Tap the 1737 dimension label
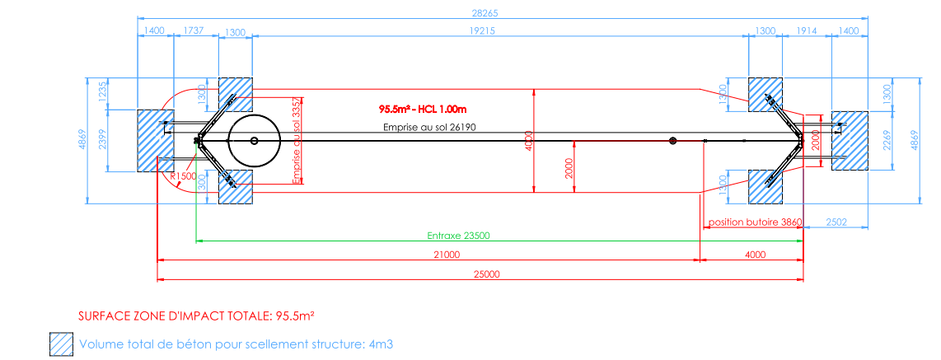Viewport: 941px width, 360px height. point(194,30)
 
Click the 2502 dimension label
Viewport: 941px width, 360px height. point(836,222)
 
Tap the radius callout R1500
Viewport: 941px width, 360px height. point(182,176)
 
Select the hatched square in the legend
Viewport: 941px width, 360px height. point(60,344)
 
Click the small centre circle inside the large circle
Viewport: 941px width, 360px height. point(255,141)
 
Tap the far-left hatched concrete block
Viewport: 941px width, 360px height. point(155,140)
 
